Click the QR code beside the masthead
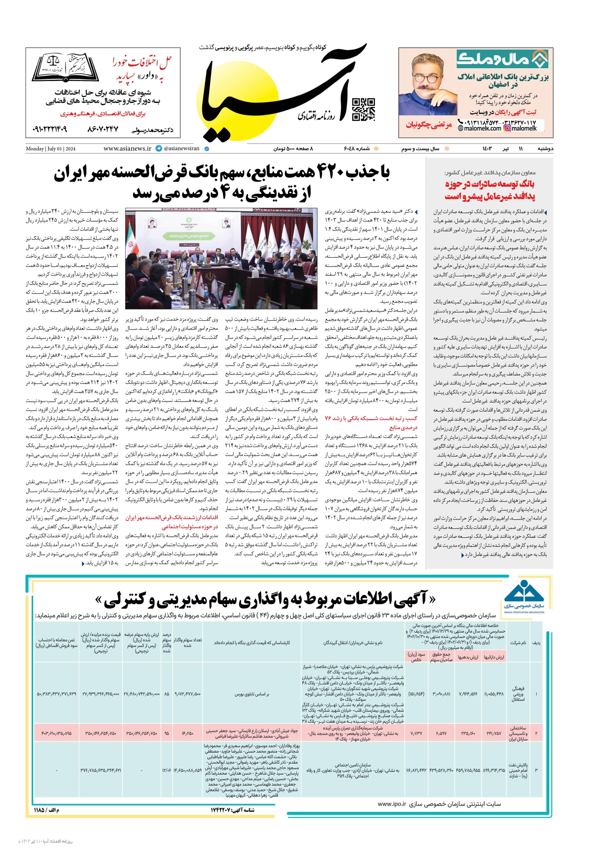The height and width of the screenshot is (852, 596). coord(363,110)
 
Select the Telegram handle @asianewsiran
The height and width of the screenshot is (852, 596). coord(181,148)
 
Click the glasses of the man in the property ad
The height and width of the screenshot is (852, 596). coord(424,79)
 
